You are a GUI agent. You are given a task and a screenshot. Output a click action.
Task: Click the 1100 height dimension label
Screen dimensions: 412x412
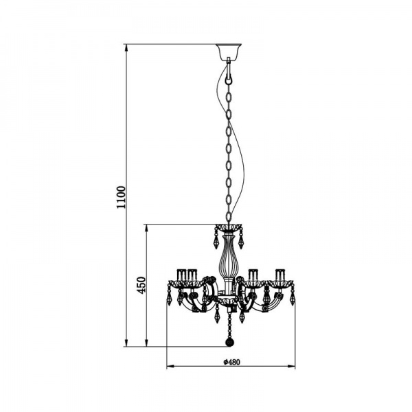[x=122, y=197]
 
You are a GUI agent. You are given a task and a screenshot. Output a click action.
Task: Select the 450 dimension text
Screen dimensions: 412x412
[x=141, y=286]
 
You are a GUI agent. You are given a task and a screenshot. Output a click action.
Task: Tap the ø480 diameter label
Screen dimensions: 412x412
[x=232, y=362]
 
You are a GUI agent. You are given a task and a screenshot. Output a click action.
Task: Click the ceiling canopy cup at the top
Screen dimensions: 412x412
[x=229, y=51]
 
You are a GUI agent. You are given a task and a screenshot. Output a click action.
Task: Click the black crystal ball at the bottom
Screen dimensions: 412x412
[x=229, y=343]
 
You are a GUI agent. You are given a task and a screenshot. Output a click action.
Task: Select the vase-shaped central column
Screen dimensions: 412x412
[x=228, y=257]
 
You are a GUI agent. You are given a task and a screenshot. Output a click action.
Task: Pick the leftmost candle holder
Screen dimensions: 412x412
[x=181, y=275]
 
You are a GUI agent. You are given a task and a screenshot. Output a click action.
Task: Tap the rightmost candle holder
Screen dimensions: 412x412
[x=279, y=275]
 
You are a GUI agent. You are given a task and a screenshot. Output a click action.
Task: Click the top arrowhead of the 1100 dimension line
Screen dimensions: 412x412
[x=126, y=48]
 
